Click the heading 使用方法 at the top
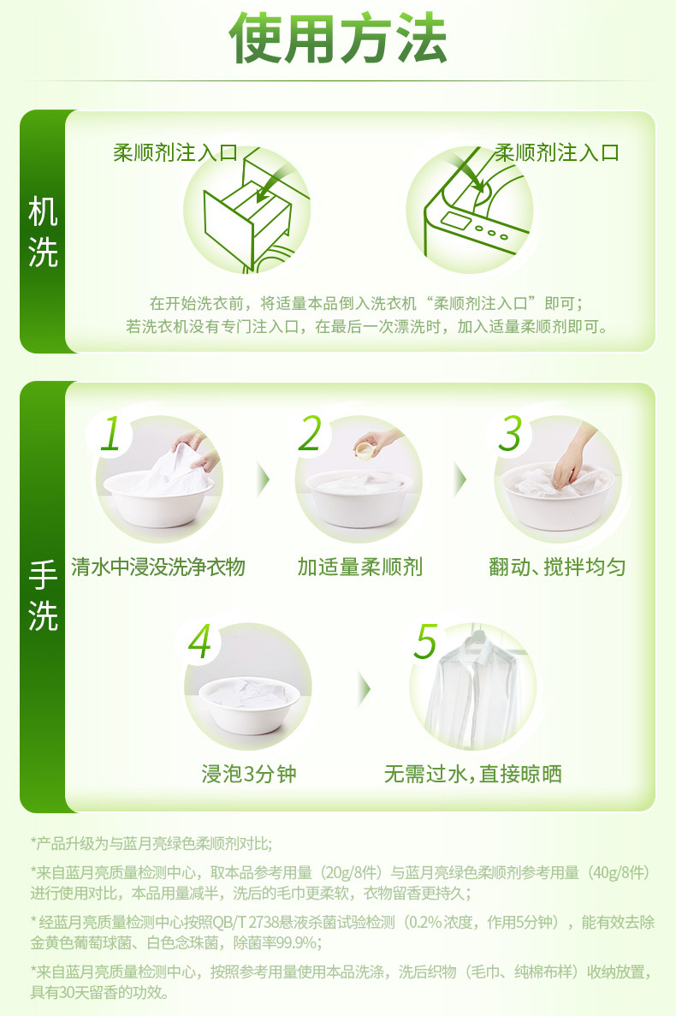pos(338,39)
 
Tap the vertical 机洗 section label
pos(43,232)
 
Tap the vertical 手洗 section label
pos(43,596)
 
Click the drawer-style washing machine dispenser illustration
pos(246,210)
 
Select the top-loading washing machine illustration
pos(470,210)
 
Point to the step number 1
pos(110,433)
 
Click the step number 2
pos(310,433)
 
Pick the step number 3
pos(510,433)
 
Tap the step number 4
pos(199,641)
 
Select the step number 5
pos(426,641)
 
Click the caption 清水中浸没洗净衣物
pos(158,567)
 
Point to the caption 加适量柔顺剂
pos(360,567)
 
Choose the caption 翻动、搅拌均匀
pos(558,567)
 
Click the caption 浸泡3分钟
pos(249,774)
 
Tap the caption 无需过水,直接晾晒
pos(472,774)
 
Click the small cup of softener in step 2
pos(365,449)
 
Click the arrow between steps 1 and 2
pos(263,479)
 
